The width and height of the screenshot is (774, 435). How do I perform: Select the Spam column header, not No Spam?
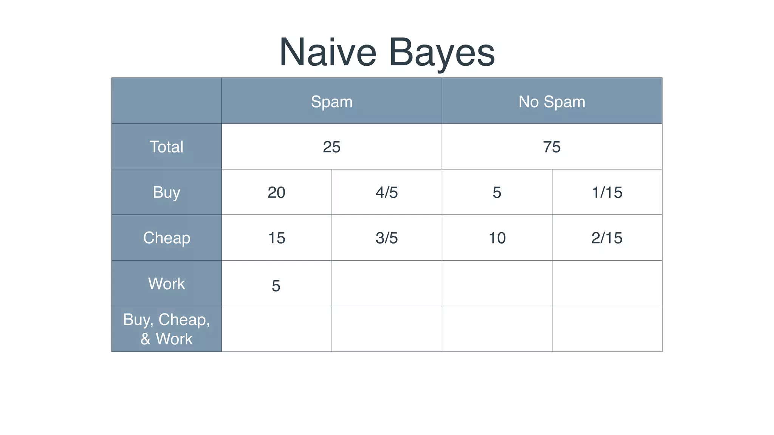tap(331, 102)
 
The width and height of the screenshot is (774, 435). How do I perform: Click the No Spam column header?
tap(551, 102)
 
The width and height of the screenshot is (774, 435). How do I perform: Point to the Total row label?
tap(166, 147)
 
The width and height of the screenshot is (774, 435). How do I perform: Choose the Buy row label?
tap(166, 192)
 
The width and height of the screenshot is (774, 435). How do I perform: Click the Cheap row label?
tap(166, 238)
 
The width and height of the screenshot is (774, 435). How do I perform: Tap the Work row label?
tap(166, 284)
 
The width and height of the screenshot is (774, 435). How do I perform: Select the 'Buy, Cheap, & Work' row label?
tap(166, 329)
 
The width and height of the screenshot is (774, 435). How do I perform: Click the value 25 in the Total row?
tap(331, 147)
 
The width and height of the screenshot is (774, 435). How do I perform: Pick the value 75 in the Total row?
tap(551, 147)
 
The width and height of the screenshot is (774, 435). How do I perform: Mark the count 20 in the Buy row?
tap(276, 193)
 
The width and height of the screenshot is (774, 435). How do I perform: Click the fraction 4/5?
tap(387, 193)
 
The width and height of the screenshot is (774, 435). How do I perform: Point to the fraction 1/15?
tap(607, 193)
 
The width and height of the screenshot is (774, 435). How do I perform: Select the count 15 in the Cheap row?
tap(276, 238)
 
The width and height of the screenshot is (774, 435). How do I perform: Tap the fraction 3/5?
tap(387, 238)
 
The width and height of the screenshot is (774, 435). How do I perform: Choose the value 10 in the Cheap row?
tap(497, 238)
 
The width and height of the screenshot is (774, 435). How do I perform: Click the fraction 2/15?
tap(607, 238)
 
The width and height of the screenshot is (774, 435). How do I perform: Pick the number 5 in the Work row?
tap(276, 286)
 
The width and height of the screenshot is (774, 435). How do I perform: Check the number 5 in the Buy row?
tap(497, 193)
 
